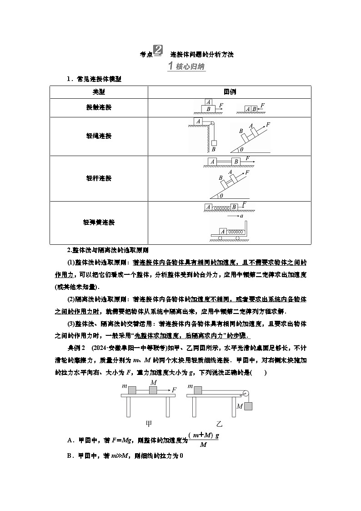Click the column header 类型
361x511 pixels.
pyautogui.click(x=99, y=92)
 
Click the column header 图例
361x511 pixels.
pyautogui.click(x=230, y=92)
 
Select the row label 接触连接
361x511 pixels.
pyautogui.click(x=99, y=107)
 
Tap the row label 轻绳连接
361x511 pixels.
pyautogui.click(x=99, y=136)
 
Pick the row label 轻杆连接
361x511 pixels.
pyautogui.click(x=99, y=178)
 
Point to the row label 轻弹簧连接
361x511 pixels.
pyautogui.click(x=99, y=223)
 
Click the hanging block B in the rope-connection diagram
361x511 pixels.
pyautogui.click(x=214, y=143)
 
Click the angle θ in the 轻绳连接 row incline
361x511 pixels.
pyautogui.click(x=241, y=149)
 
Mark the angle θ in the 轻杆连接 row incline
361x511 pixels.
pyautogui.click(x=221, y=196)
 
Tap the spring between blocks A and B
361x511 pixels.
pyautogui.click(x=221, y=207)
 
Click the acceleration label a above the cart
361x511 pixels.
pyautogui.click(x=241, y=216)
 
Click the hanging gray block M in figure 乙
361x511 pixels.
pyautogui.click(x=248, y=406)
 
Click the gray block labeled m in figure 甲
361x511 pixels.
pyautogui.click(x=132, y=390)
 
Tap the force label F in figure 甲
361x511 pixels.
pyautogui.click(x=174, y=390)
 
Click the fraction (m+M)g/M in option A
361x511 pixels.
pyautogui.click(x=203, y=440)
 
